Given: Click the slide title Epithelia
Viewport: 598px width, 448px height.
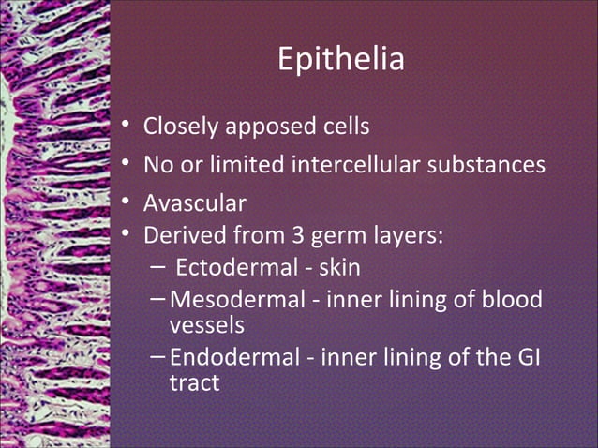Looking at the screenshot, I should [341, 60].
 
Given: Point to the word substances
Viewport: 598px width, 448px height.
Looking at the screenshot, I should [487, 166].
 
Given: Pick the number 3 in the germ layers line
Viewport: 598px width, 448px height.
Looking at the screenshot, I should [321, 232].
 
